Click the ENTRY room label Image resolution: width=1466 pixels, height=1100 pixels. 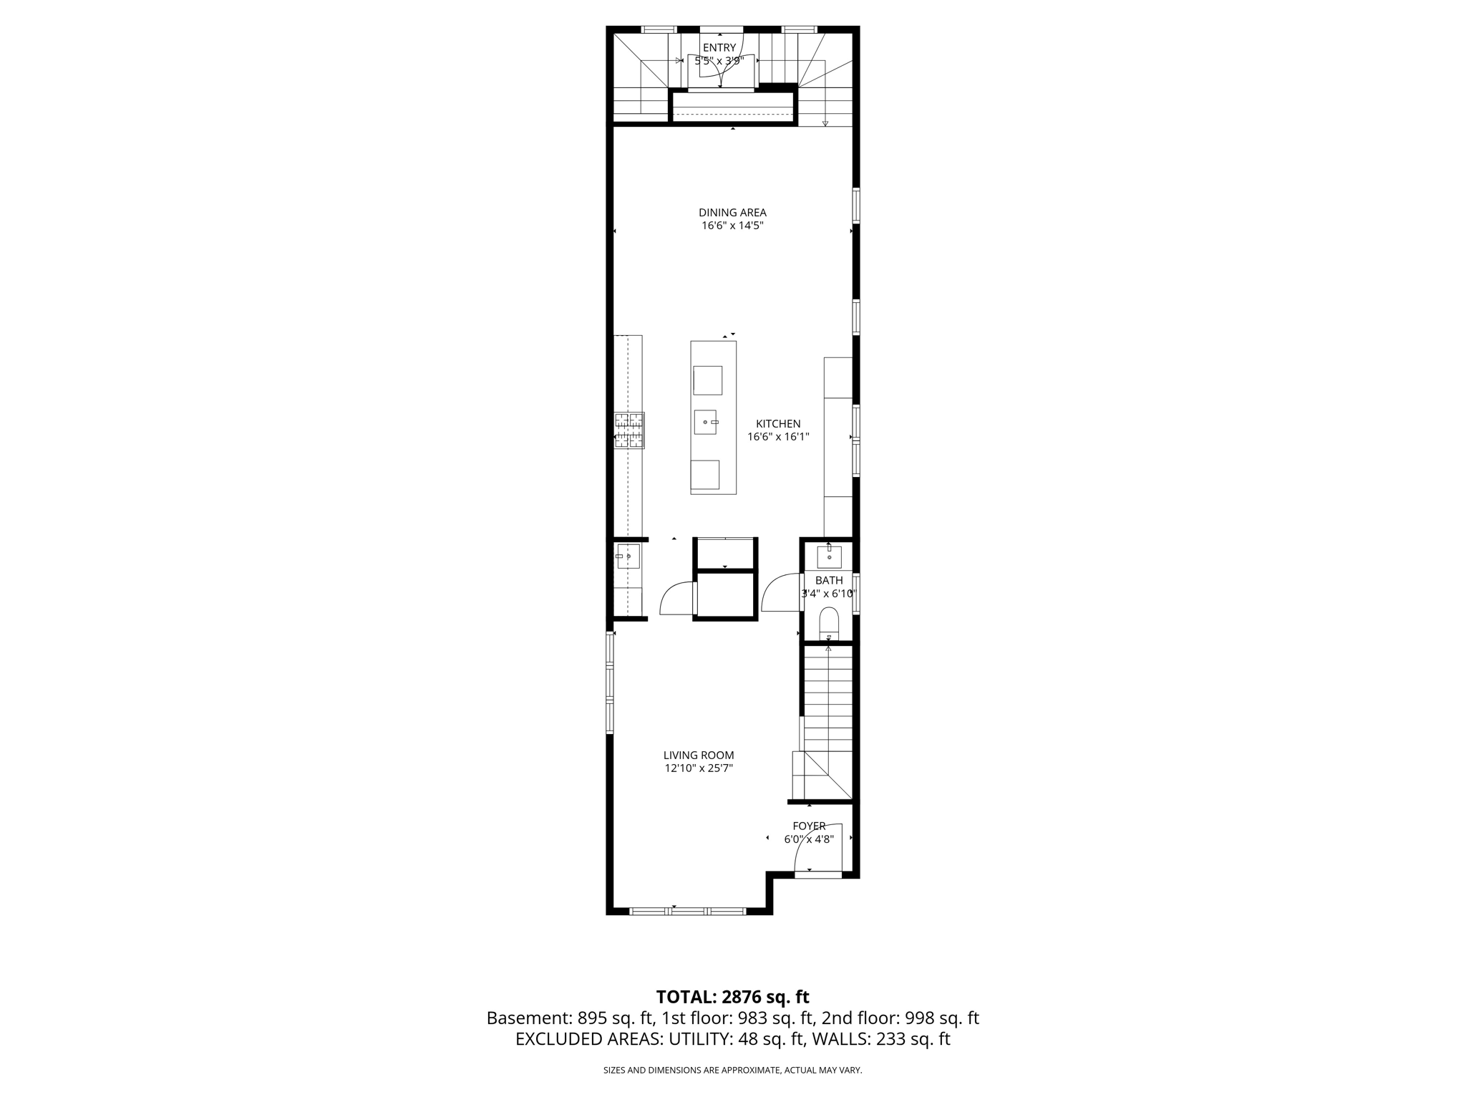719,48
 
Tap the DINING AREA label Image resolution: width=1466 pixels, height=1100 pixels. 732,213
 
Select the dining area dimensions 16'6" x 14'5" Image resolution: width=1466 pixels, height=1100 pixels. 732,226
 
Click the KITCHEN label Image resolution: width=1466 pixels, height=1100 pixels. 778,424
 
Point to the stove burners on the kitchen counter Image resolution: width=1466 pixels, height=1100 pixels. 629,430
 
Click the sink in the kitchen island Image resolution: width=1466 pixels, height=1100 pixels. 705,422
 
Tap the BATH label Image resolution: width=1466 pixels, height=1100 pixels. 829,580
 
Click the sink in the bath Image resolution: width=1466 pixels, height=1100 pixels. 829,556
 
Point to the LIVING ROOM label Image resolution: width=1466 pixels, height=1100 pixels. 699,755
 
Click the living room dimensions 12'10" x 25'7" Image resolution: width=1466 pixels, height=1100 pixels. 699,768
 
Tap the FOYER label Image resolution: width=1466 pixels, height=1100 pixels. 809,826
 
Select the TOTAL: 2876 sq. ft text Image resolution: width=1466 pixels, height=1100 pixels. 732,997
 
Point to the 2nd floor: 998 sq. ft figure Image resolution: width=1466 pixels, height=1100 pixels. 900,1018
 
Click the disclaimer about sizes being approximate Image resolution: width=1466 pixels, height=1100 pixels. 732,1070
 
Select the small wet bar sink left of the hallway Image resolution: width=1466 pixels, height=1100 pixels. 628,556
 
